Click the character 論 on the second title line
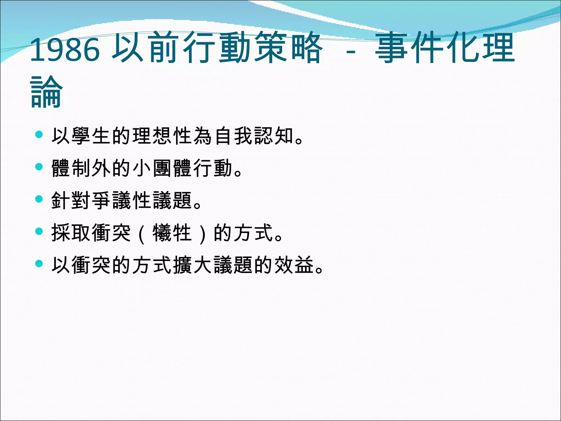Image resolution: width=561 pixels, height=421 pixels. coord(46,92)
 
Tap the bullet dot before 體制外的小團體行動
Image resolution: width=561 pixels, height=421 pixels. coord(39,167)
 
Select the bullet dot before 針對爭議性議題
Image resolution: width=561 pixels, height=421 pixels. coord(39,199)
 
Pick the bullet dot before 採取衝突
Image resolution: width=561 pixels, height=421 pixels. coord(39,231)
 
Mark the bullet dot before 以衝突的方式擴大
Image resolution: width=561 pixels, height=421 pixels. coord(39,264)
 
